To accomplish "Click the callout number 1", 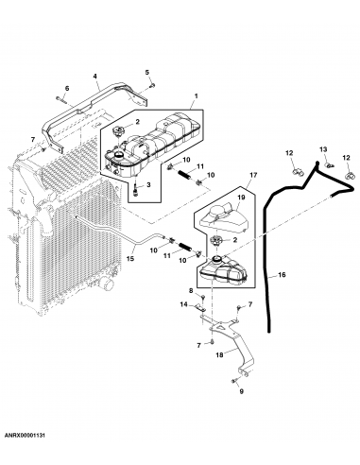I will click(x=195, y=96).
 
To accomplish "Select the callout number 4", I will click(x=96, y=75).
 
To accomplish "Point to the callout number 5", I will click(x=147, y=72).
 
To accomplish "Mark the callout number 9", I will click(x=241, y=391).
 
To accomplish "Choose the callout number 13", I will click(x=323, y=150).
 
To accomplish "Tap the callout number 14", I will click(x=184, y=304).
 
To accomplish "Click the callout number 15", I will click(x=130, y=259).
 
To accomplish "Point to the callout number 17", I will click(x=253, y=176).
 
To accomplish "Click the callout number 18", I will click(x=220, y=355).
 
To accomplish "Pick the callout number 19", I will click(x=240, y=199).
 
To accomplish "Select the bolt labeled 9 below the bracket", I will click(x=231, y=380).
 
